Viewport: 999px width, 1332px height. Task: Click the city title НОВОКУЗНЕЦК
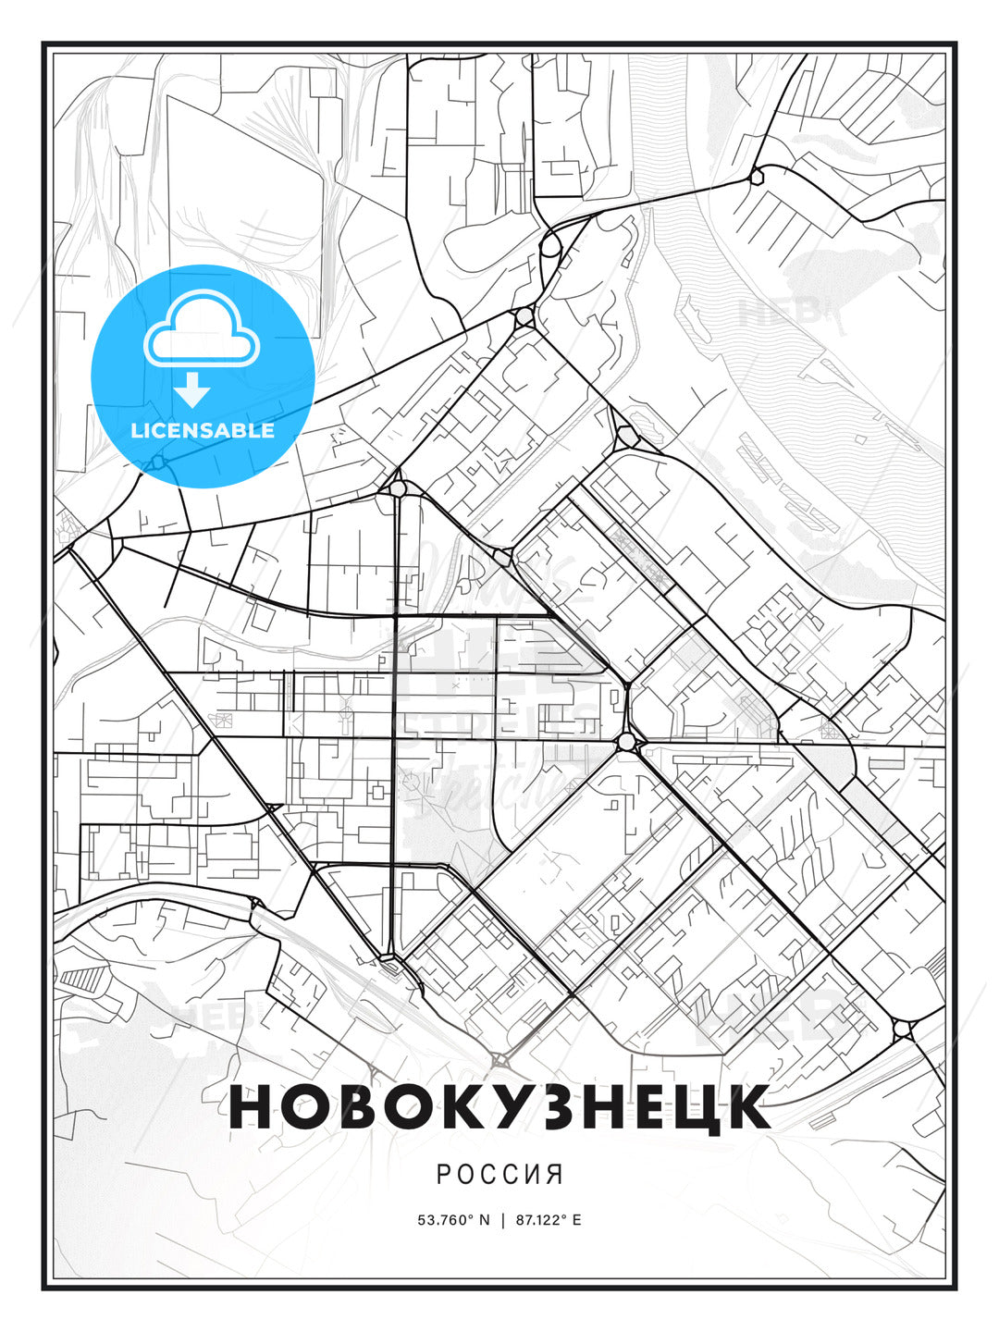pyautogui.click(x=499, y=1107)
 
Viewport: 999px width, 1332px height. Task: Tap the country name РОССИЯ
pyautogui.click(x=499, y=1174)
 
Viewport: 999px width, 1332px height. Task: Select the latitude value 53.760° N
pyautogui.click(x=453, y=1220)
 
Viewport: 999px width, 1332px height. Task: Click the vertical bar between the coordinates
pyautogui.click(x=502, y=1220)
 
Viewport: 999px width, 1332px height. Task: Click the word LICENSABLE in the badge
pyautogui.click(x=203, y=430)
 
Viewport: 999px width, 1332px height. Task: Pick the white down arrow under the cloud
pyautogui.click(x=193, y=391)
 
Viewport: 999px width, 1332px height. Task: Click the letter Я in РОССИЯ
pyautogui.click(x=555, y=1174)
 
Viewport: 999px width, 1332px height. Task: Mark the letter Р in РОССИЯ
pyautogui.click(x=443, y=1174)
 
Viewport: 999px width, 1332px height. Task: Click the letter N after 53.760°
pyautogui.click(x=484, y=1220)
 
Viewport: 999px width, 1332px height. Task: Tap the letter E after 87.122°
pyautogui.click(x=577, y=1220)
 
